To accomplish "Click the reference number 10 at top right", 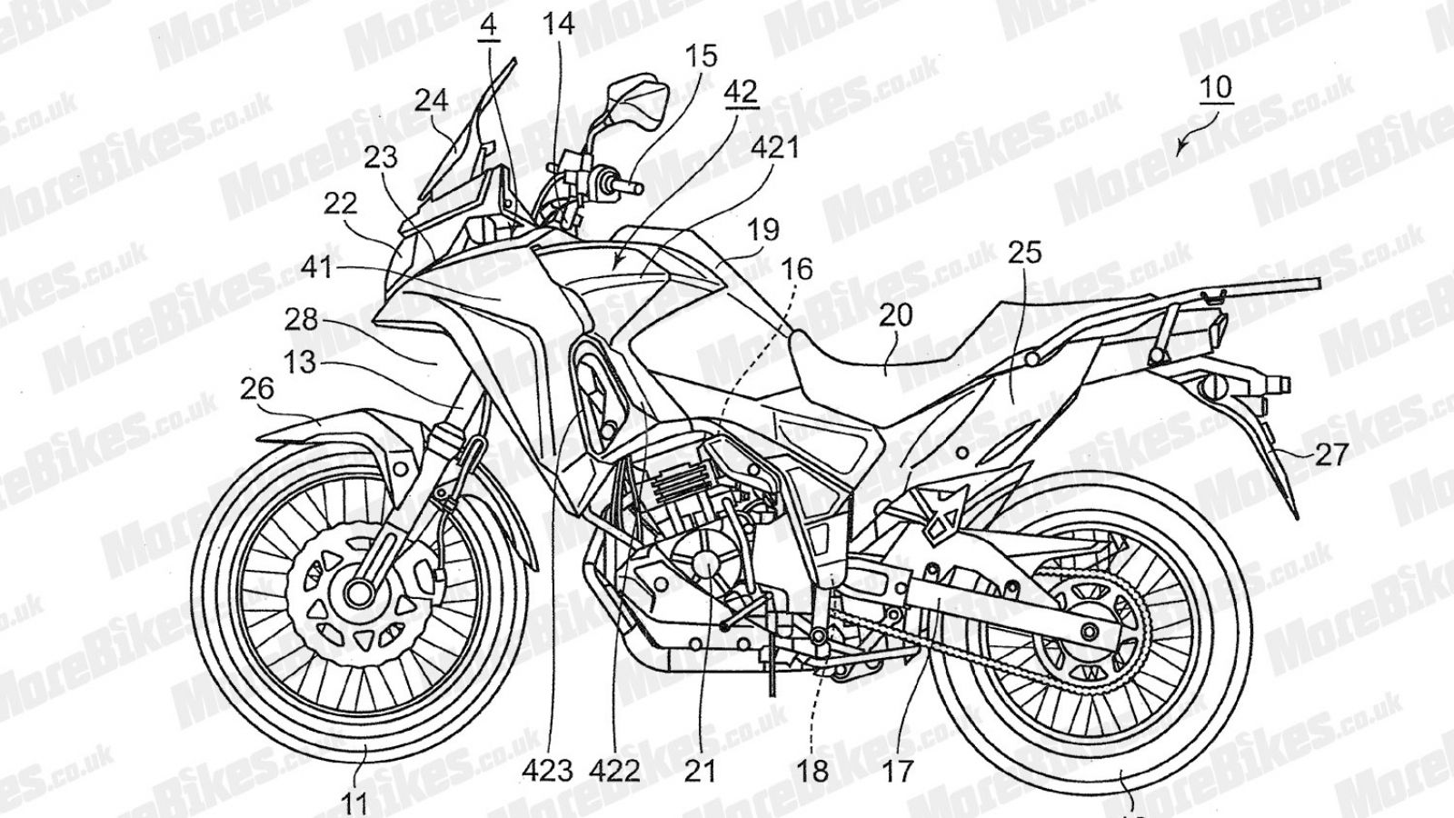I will click(x=1215, y=89).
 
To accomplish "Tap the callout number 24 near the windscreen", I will click(x=432, y=100).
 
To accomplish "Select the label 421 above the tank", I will click(x=773, y=146).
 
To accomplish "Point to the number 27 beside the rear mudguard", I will click(x=1331, y=454).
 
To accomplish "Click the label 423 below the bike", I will click(x=548, y=772).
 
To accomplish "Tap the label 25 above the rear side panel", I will click(x=1025, y=252).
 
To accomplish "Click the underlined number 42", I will click(x=742, y=92).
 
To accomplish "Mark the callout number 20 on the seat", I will click(x=896, y=316).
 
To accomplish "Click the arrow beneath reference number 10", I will click(x=1184, y=146).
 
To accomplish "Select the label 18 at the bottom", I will click(x=813, y=772).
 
